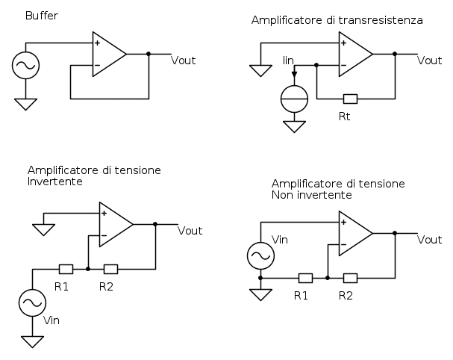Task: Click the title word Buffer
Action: click(41, 15)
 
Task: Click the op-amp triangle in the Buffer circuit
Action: click(107, 54)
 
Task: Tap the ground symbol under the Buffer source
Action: click(25, 104)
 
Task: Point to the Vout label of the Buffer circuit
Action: click(184, 60)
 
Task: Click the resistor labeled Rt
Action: click(349, 99)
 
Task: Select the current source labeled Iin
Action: click(294, 99)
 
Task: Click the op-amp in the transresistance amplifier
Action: click(354, 54)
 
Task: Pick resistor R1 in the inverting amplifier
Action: click(66, 269)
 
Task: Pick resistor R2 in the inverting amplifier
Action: click(110, 269)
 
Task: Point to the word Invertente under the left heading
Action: click(54, 181)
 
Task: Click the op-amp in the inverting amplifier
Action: click(114, 224)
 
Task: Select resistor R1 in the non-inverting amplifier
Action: click(304, 279)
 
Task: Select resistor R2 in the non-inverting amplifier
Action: click(349, 279)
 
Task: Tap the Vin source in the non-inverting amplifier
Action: click(260, 255)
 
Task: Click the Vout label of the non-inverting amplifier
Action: click(429, 240)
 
